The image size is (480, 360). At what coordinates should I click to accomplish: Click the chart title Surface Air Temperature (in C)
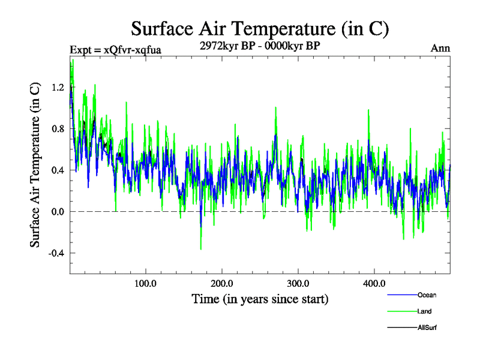(x=260, y=28)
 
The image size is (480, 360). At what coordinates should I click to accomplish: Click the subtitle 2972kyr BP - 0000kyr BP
(x=260, y=44)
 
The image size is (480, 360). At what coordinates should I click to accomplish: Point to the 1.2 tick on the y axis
(x=57, y=87)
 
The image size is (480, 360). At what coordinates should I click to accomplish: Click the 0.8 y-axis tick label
(x=57, y=128)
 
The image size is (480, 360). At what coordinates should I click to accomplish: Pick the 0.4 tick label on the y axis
(x=57, y=170)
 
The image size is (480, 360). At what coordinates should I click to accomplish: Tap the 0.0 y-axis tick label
(x=57, y=211)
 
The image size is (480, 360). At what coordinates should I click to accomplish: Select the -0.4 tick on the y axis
(x=55, y=253)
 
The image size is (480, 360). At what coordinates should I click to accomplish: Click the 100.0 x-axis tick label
(x=146, y=283)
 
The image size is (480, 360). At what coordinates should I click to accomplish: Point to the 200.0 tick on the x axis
(x=222, y=283)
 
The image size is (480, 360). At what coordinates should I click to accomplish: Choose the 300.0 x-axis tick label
(x=298, y=283)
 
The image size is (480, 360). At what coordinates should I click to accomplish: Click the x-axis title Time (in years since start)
(x=260, y=298)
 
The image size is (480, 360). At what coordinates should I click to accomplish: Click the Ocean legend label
(x=427, y=295)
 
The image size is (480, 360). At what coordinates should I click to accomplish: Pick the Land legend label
(x=424, y=311)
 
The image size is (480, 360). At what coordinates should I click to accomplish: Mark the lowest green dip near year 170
(x=201, y=248)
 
